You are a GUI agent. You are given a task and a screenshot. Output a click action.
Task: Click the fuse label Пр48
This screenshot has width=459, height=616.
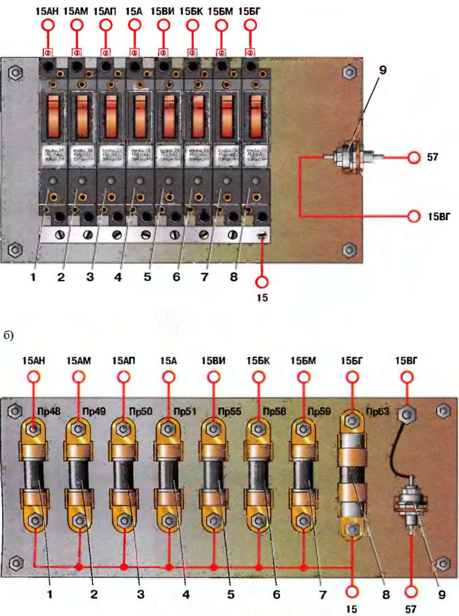(48, 411)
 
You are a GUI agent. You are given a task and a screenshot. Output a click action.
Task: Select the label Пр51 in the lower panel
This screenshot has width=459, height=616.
(185, 411)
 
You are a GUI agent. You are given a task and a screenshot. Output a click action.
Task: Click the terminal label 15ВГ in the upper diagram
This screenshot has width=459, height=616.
(439, 217)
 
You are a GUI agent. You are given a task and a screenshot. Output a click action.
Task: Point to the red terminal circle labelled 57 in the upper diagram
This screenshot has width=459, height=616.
(414, 157)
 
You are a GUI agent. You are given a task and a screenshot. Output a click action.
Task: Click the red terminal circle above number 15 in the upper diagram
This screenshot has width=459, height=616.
(262, 282)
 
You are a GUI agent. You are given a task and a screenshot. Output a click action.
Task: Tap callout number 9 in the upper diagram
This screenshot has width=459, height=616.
(382, 70)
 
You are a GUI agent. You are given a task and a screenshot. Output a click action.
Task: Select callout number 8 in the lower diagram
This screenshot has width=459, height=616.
(386, 595)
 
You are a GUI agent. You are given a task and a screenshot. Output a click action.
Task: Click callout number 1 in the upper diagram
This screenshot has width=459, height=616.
(33, 277)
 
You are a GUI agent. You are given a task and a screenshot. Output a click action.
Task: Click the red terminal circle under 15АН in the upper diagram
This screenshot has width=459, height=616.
(48, 25)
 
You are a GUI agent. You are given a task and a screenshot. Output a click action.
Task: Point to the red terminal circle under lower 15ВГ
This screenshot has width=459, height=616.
(407, 377)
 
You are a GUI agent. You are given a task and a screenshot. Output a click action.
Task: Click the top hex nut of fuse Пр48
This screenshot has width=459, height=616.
(34, 428)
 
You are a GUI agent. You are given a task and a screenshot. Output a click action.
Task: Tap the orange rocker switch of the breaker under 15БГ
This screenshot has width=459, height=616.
(256, 117)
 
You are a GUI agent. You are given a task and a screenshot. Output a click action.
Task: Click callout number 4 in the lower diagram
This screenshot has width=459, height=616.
(185, 595)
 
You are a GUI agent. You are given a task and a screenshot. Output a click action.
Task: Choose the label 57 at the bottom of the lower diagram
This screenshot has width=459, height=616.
(411, 609)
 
